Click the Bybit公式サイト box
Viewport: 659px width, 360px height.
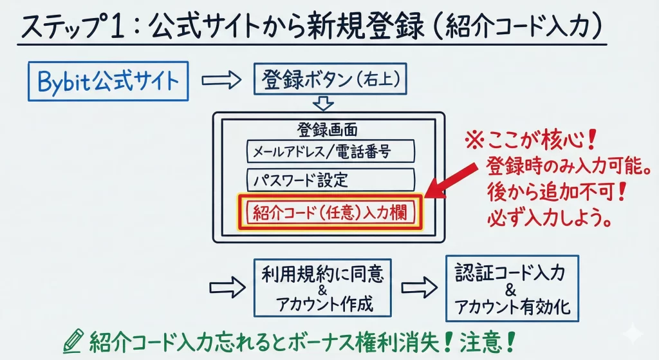point(107,82)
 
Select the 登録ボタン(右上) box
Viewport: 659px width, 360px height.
point(331,79)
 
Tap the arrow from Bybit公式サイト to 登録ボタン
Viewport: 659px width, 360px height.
point(221,81)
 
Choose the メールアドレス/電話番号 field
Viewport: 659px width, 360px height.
point(330,152)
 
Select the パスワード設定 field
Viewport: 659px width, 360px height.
point(330,178)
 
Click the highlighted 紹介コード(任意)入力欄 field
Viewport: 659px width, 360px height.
point(329,212)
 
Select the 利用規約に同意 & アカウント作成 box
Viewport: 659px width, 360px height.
point(322,287)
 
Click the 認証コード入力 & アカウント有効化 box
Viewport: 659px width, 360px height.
point(512,288)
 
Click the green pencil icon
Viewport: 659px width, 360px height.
point(75,339)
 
